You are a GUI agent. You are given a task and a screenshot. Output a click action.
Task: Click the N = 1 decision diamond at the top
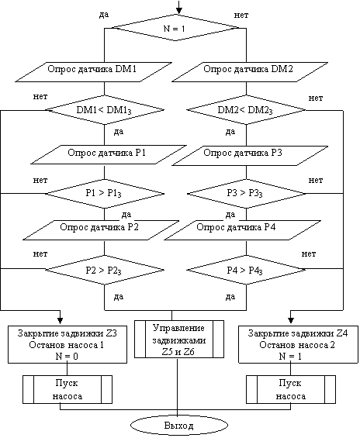coord(175,28)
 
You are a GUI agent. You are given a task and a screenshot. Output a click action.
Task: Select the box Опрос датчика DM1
coord(93,72)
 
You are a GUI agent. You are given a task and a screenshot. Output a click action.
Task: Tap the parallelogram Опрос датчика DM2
coord(250,72)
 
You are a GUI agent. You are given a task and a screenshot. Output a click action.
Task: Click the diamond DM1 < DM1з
coord(105,110)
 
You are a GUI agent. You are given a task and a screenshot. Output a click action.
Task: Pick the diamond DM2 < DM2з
coord(246,110)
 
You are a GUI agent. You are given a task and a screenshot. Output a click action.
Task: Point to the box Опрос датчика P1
coord(109,154)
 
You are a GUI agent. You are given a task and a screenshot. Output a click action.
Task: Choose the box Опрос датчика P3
coord(250,156)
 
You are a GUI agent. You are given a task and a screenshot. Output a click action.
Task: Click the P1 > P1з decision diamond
coord(105,194)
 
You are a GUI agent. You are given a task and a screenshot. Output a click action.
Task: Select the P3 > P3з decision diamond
coord(246,194)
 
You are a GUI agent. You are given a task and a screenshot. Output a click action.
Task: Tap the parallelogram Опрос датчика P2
coord(101,230)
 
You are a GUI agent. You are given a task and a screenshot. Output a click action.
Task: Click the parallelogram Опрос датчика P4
coord(242,230)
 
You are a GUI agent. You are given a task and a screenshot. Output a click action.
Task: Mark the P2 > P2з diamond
coord(105,270)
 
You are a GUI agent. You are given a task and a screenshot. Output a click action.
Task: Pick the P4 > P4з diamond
coord(246,270)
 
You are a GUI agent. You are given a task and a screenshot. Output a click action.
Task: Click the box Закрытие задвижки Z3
coord(67,344)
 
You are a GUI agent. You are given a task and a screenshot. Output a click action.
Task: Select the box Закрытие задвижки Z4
coord(298,344)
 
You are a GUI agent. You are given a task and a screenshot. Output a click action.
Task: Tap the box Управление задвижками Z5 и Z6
coord(179,339)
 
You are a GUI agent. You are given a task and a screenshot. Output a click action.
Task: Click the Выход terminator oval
coord(179,426)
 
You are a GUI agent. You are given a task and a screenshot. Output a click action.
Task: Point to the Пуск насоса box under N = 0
coord(67,389)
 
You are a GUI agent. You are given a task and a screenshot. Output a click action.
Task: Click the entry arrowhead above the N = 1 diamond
coord(179,11)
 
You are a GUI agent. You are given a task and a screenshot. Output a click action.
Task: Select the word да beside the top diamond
coord(104,15)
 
